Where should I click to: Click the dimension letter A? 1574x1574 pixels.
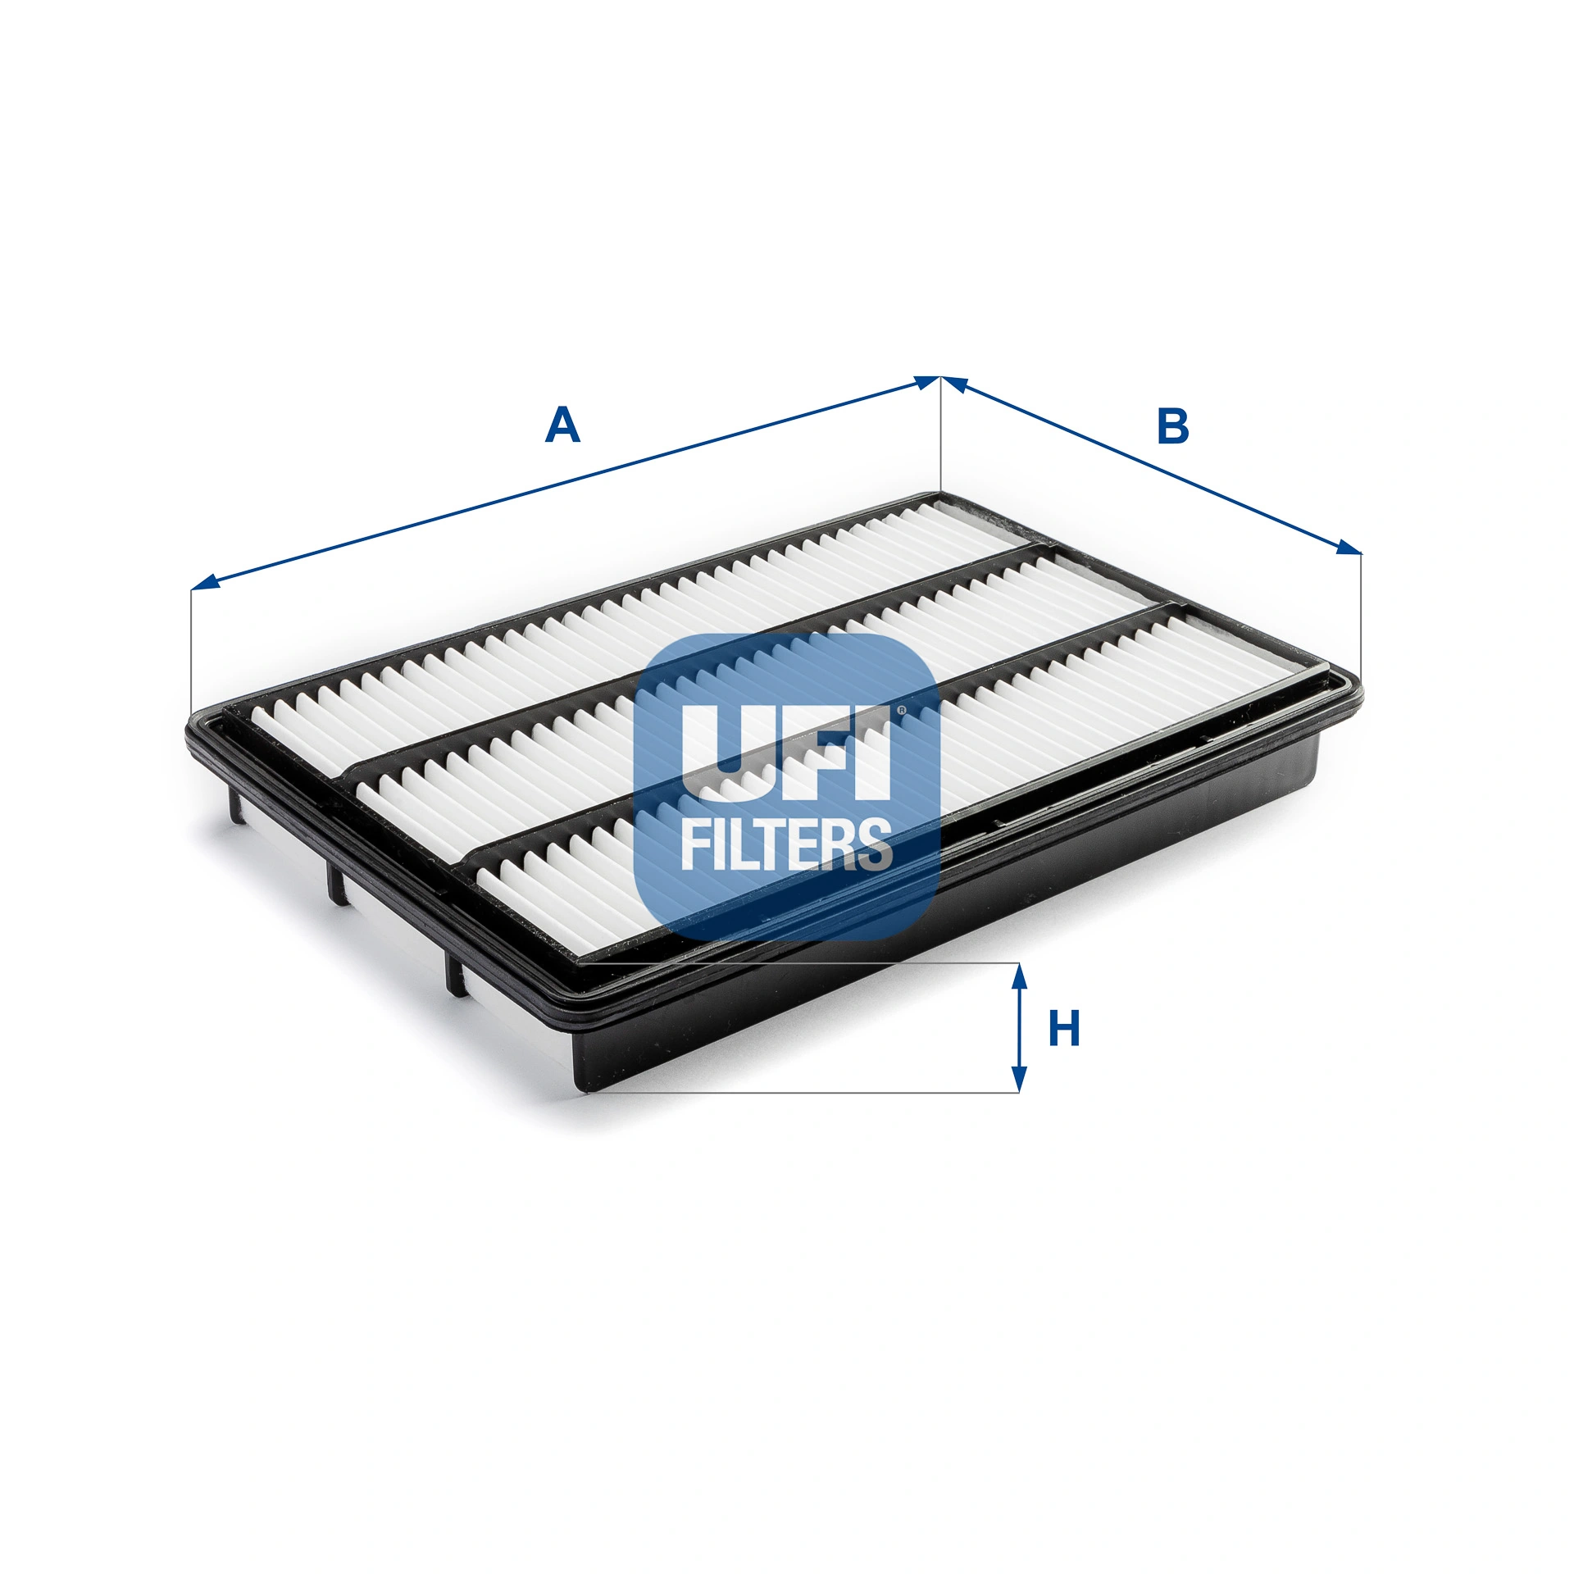pyautogui.click(x=562, y=426)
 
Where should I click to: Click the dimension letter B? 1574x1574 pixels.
pyautogui.click(x=1172, y=426)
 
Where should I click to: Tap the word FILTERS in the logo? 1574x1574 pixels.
pyautogui.click(x=786, y=844)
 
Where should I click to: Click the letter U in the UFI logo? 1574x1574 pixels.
pyautogui.click(x=728, y=753)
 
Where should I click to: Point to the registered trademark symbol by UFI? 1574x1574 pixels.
pyautogui.click(x=900, y=710)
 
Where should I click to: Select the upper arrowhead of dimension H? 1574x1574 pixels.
pyautogui.click(x=1018, y=976)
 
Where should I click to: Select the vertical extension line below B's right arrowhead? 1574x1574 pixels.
pyautogui.click(x=1361, y=623)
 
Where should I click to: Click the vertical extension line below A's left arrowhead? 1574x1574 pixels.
pyautogui.click(x=190, y=648)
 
